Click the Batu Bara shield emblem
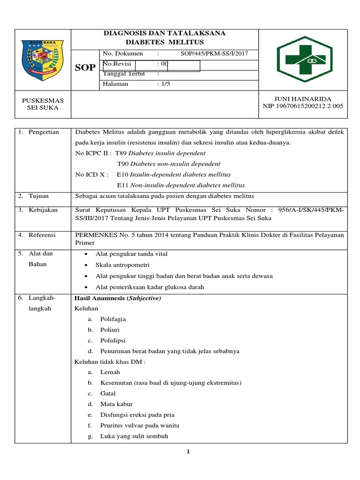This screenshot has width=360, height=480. click(x=42, y=60)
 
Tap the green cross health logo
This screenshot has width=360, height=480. click(x=303, y=60)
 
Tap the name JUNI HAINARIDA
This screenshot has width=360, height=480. click(x=302, y=99)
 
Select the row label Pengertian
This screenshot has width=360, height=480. click(x=44, y=132)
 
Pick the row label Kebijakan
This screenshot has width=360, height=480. click(x=43, y=210)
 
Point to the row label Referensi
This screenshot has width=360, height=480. click(x=42, y=235)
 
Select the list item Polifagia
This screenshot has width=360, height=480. click(x=113, y=319)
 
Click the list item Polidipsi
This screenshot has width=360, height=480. click(x=112, y=340)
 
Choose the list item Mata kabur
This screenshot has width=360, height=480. click(x=116, y=404)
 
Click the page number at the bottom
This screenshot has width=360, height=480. click(x=188, y=452)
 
